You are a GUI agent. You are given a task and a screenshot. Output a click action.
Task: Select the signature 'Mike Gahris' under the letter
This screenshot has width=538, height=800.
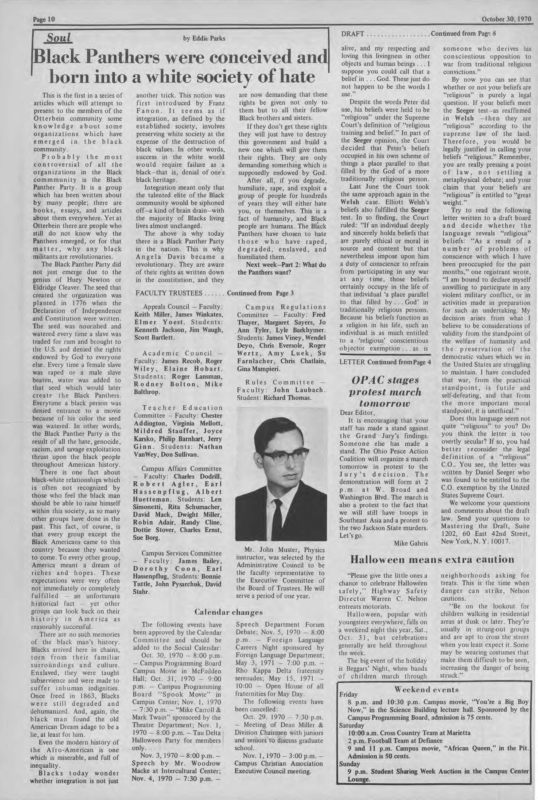411,543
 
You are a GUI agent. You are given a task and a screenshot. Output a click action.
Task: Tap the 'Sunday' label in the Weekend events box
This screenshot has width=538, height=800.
350,764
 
